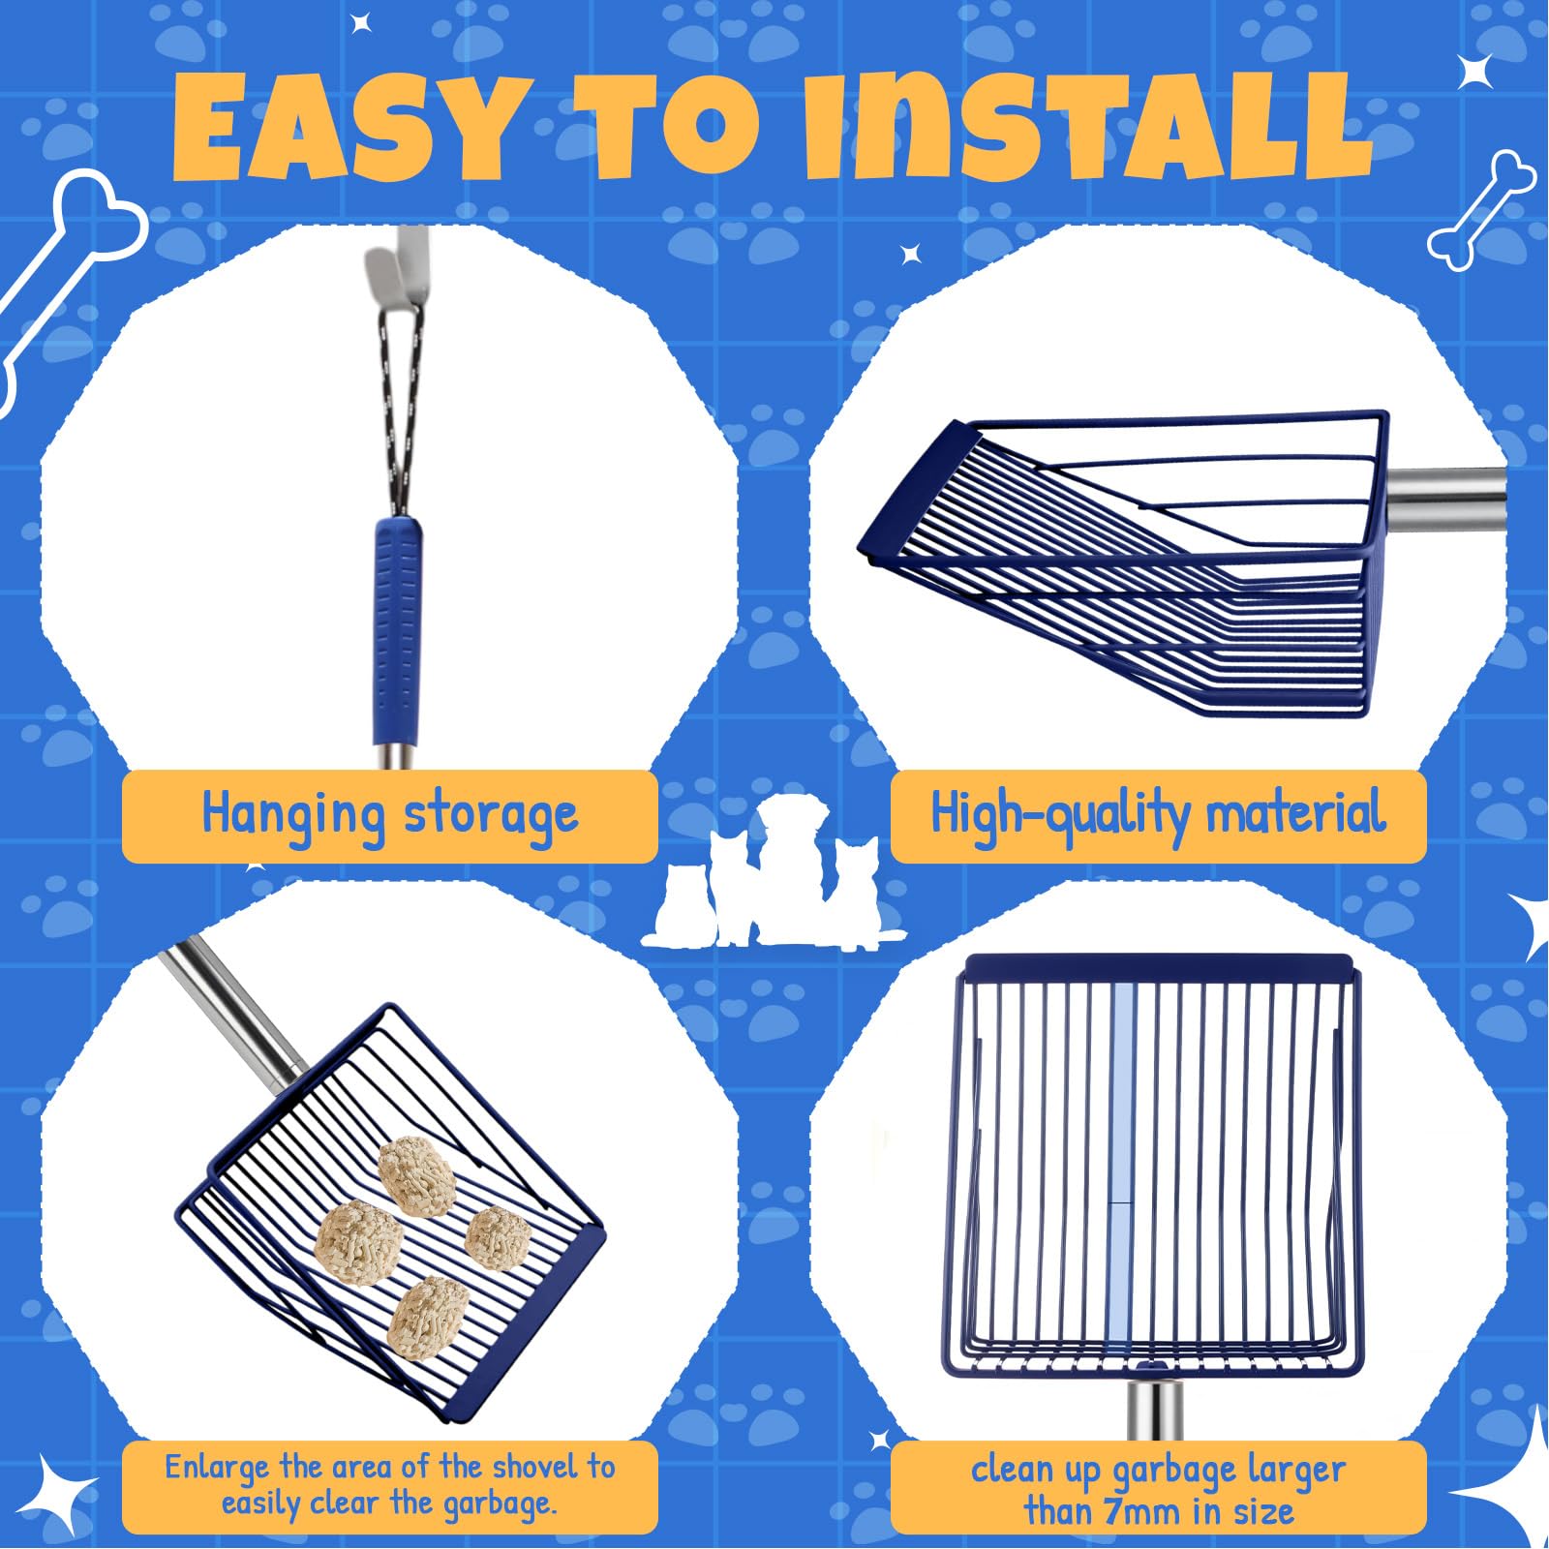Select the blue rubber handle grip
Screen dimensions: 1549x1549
point(398,629)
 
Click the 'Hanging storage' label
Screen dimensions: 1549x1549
point(389,815)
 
